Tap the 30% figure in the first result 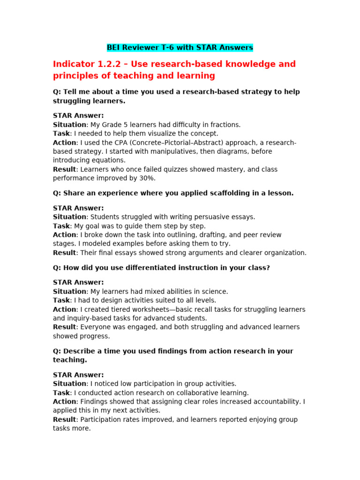click(146, 178)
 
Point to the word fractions click(223, 125)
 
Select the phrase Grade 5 click(117, 125)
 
